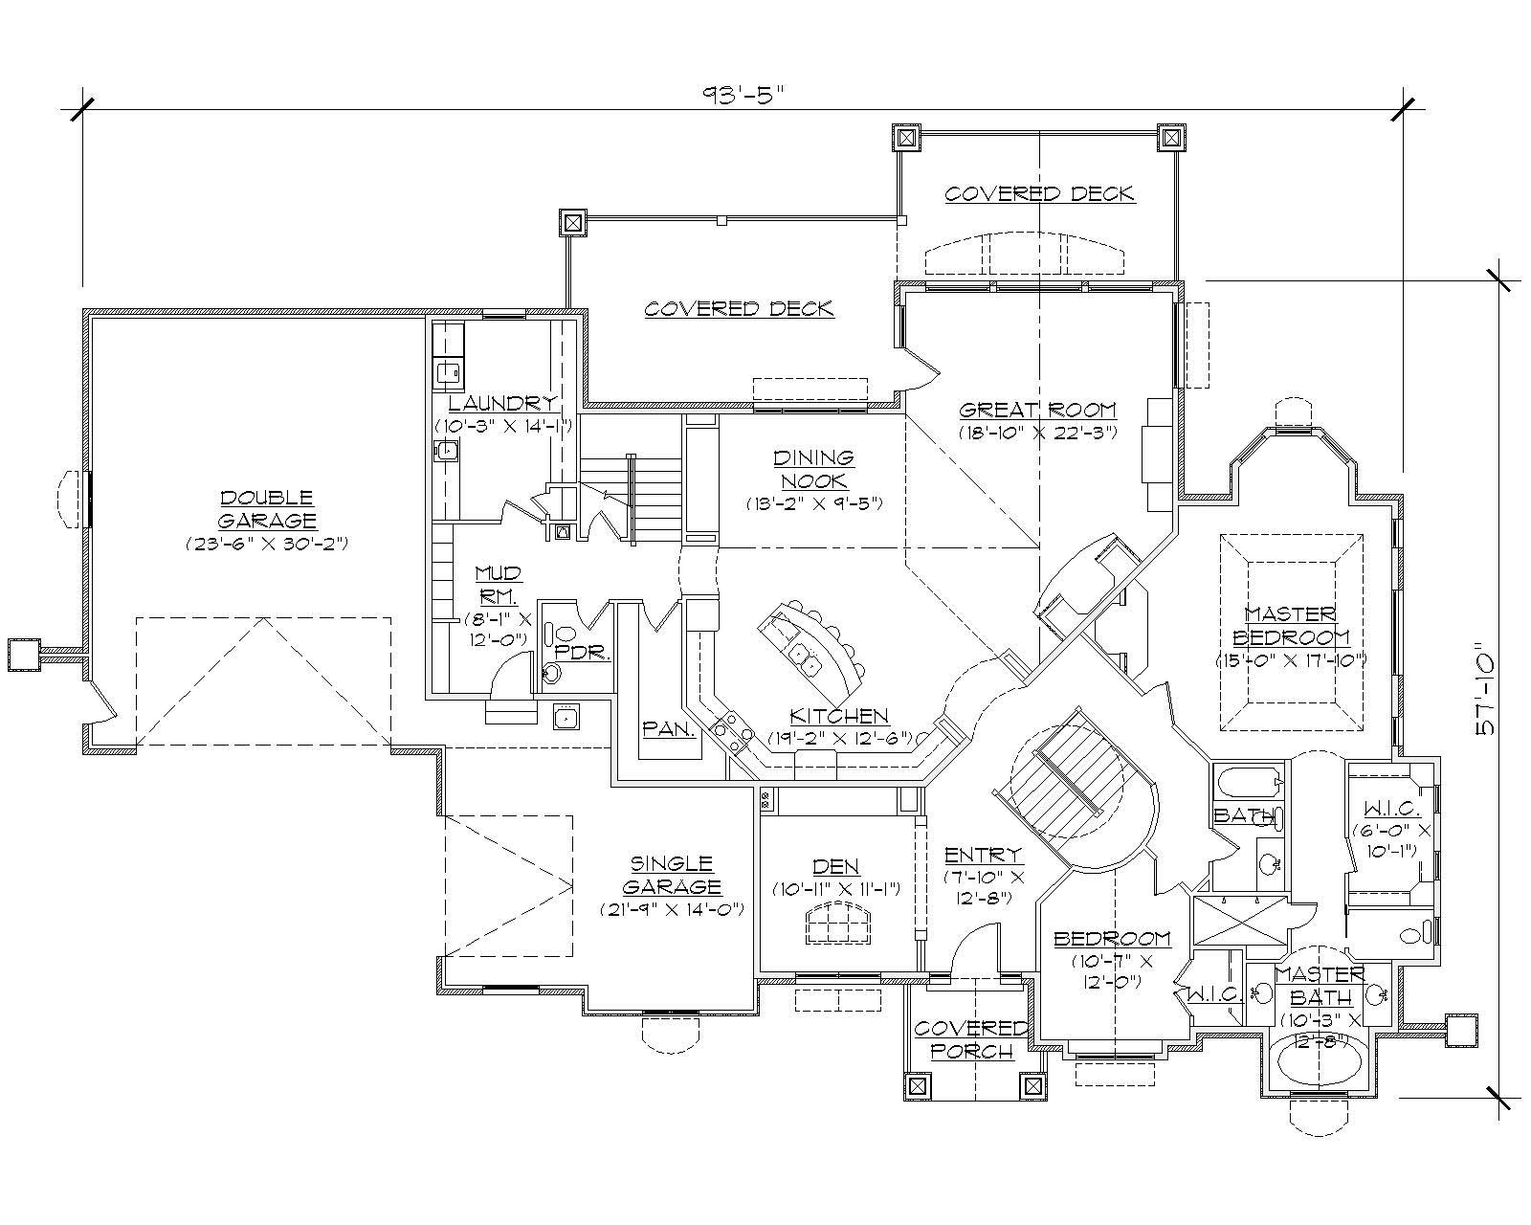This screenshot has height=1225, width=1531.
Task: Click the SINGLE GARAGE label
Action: (x=671, y=875)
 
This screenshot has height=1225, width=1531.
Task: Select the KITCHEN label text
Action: (x=838, y=716)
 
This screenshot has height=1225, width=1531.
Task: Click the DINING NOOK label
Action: (x=813, y=469)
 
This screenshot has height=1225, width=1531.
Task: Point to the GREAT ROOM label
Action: (x=1038, y=411)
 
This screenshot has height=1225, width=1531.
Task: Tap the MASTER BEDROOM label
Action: (x=1291, y=625)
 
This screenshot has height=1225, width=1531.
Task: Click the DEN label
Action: (x=835, y=866)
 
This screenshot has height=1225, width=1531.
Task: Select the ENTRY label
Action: (x=983, y=855)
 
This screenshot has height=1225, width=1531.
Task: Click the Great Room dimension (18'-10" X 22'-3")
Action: (x=1038, y=433)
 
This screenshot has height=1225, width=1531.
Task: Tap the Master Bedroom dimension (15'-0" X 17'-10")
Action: (x=1291, y=659)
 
